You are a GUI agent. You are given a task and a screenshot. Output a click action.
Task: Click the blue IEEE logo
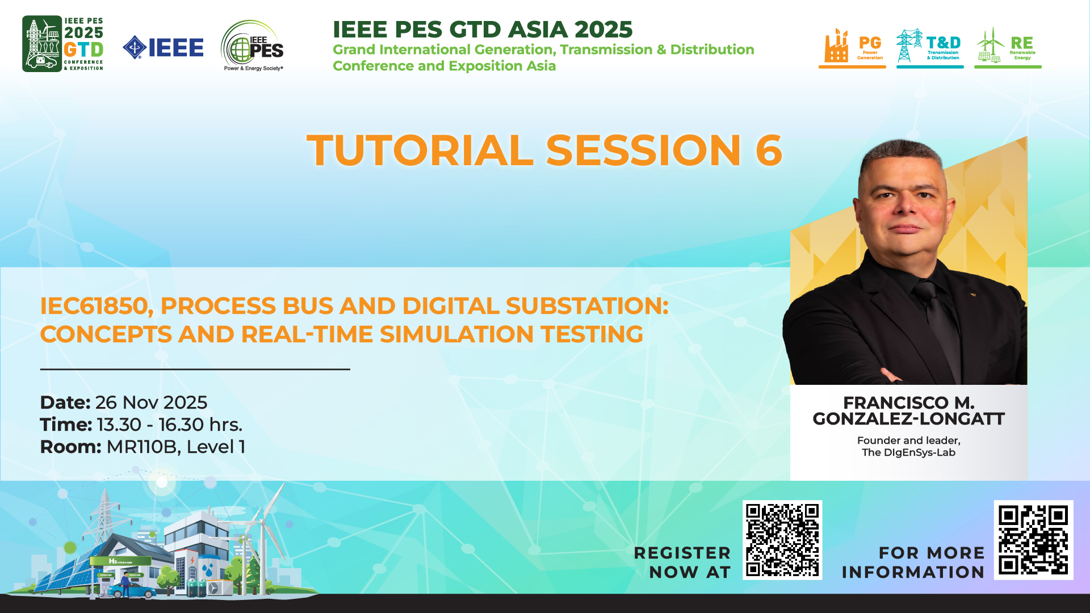click(x=163, y=48)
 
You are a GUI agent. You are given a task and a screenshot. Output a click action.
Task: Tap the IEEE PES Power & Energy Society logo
click(x=253, y=46)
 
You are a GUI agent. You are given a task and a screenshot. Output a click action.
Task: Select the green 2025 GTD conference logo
click(x=63, y=44)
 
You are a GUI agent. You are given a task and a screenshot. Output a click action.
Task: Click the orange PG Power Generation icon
click(x=852, y=48)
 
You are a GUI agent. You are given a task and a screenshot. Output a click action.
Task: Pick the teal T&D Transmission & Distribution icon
click(x=930, y=48)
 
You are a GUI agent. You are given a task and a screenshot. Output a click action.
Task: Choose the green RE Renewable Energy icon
click(x=1008, y=48)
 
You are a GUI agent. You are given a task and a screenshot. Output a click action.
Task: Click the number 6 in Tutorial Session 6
click(x=769, y=150)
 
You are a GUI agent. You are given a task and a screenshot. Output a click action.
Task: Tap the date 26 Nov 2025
click(x=151, y=402)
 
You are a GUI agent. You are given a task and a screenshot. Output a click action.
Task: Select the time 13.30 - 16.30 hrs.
click(x=170, y=425)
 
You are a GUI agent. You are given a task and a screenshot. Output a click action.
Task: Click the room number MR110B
click(x=142, y=447)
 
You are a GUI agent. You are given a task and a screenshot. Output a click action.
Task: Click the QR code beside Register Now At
click(x=782, y=540)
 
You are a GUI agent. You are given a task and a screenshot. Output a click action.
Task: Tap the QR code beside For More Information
click(x=1033, y=540)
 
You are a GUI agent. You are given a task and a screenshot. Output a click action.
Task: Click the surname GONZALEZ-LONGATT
click(x=908, y=419)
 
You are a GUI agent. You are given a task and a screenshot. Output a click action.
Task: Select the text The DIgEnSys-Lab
click(x=908, y=452)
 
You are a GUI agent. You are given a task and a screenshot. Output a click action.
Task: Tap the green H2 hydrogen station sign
click(x=120, y=561)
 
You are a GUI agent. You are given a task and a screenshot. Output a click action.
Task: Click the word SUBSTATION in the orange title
click(x=587, y=306)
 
